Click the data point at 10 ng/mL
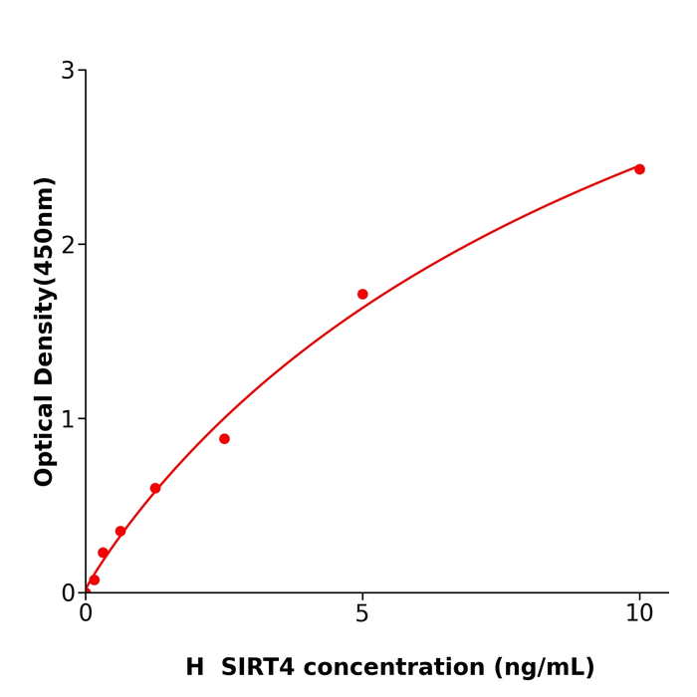pyautogui.click(x=639, y=169)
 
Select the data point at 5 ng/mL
pyautogui.click(x=362, y=294)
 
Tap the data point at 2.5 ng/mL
pyautogui.click(x=224, y=439)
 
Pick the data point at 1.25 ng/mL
pyautogui.click(x=155, y=488)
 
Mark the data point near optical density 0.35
pyautogui.click(x=120, y=532)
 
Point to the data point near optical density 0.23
pyautogui.click(x=103, y=553)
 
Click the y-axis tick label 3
pyautogui.click(x=68, y=71)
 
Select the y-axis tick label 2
pyautogui.click(x=68, y=245)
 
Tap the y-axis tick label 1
pyautogui.click(x=68, y=419)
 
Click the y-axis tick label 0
pyautogui.click(x=68, y=593)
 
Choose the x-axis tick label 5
pyautogui.click(x=362, y=614)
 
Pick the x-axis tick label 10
pyautogui.click(x=639, y=614)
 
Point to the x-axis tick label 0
pyautogui.click(x=86, y=614)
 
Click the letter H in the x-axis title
pyautogui.click(x=194, y=668)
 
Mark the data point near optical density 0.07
pyautogui.click(x=94, y=580)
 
